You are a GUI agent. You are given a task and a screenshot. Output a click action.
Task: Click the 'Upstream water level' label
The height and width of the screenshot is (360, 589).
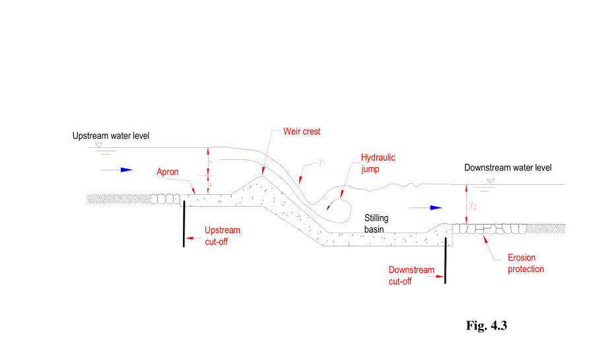(111, 136)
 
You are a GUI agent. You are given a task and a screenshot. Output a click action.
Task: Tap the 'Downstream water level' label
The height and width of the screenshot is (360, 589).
(507, 168)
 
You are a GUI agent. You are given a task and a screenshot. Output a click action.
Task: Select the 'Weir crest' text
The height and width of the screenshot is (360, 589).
(301, 131)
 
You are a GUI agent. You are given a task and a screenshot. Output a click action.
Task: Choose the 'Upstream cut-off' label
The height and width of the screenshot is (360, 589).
(222, 236)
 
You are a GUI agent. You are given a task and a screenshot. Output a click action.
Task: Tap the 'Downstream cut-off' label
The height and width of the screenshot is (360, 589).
(411, 275)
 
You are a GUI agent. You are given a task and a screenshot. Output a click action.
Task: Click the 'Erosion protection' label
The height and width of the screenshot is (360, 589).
(526, 264)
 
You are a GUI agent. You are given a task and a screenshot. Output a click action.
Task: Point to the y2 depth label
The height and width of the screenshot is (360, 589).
(472, 205)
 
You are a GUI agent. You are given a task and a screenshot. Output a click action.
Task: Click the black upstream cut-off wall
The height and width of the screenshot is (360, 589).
(184, 225)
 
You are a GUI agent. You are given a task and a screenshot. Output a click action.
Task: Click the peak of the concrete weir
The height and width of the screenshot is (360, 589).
(262, 176)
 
